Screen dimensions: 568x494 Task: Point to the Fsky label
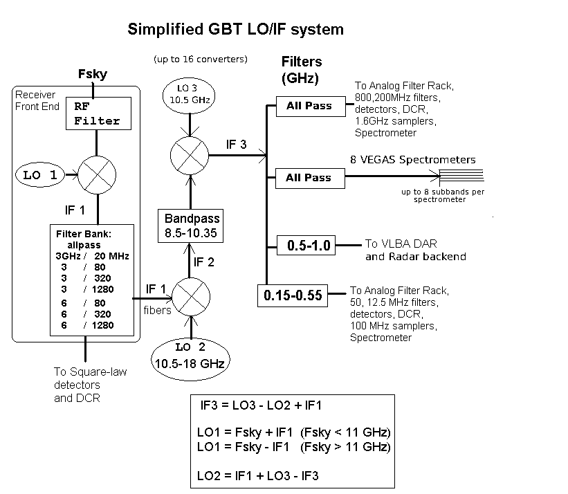point(93,74)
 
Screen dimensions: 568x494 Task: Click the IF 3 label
point(236,145)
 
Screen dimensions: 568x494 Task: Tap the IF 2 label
point(204,262)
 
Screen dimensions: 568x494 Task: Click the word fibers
point(157,311)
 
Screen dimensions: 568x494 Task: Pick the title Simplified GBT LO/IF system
point(235,29)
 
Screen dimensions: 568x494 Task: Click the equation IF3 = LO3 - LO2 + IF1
point(261,405)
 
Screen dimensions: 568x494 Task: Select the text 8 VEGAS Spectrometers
point(413,160)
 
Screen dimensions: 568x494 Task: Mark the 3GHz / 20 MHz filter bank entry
point(93,256)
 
